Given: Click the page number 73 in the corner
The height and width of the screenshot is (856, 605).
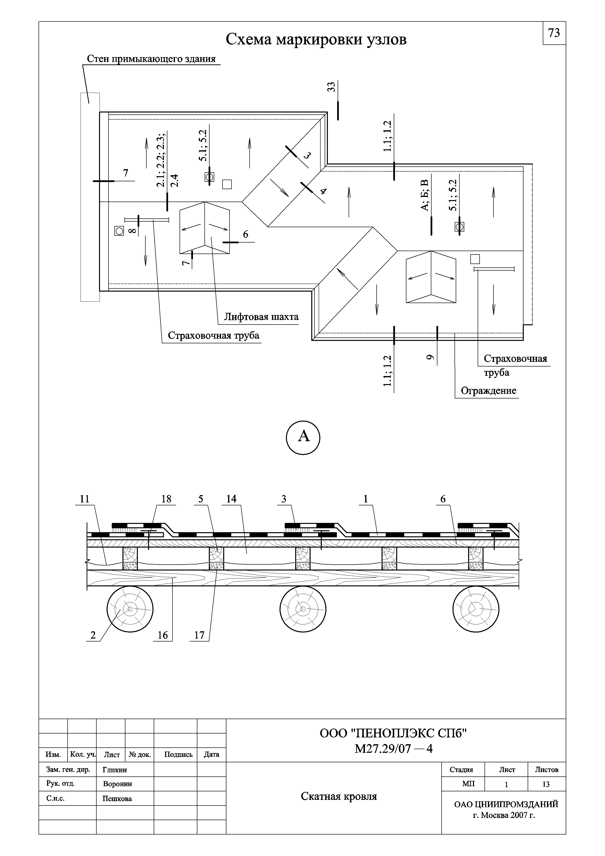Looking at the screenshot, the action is click(x=554, y=33).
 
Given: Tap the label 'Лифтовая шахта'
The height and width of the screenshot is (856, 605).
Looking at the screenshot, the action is click(x=261, y=317).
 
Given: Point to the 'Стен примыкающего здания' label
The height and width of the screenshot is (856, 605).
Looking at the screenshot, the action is click(x=151, y=59).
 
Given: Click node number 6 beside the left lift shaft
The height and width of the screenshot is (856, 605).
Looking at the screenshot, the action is click(x=245, y=234).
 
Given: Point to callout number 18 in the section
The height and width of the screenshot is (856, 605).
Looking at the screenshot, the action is click(x=166, y=499).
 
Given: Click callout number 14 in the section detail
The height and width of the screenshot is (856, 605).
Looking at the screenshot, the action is click(x=231, y=499).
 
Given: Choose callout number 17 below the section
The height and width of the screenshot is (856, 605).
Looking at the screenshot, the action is click(x=199, y=635).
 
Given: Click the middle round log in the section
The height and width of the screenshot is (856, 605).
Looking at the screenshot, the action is click(x=303, y=609).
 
